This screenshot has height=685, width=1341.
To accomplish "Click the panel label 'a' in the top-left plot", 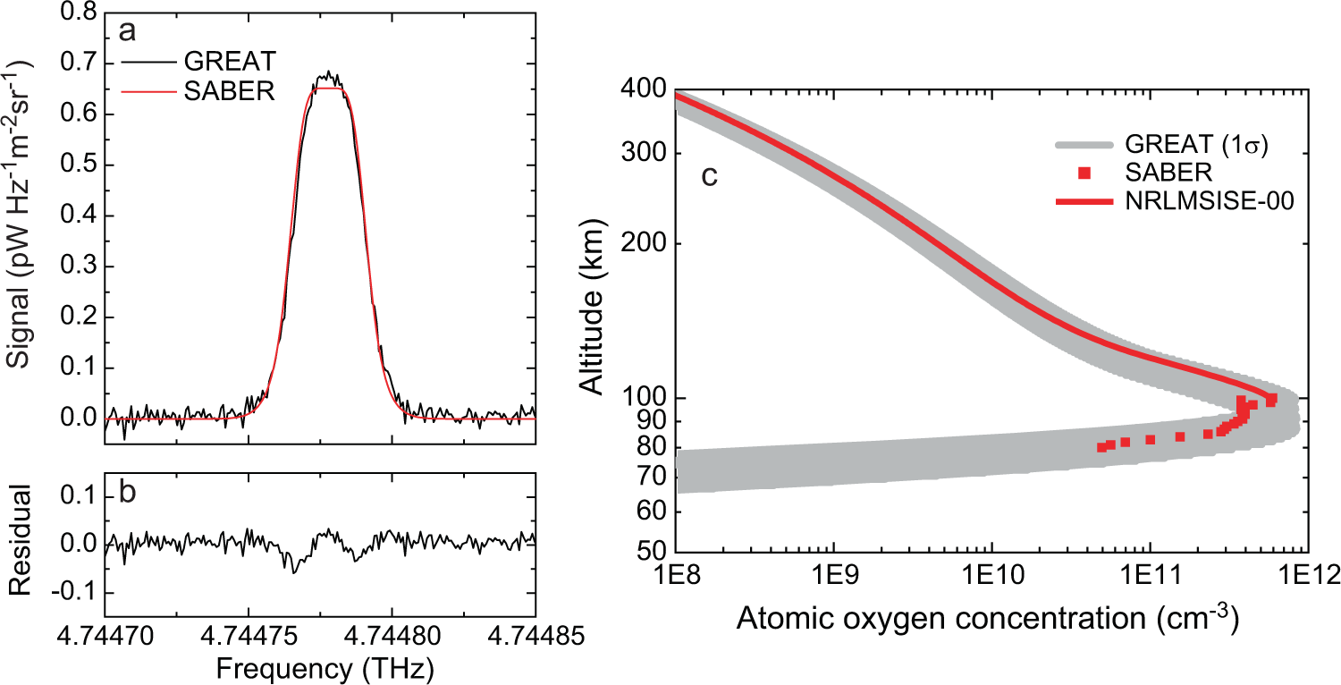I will point(127,31).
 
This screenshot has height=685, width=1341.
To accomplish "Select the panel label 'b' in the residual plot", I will point(128,495).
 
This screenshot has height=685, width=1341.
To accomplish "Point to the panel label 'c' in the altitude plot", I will point(709,176).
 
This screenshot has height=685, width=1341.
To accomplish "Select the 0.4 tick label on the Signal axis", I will point(80,216).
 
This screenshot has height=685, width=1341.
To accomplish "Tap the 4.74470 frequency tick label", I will point(105,636).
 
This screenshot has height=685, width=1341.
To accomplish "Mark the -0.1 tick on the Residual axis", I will point(75,593).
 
